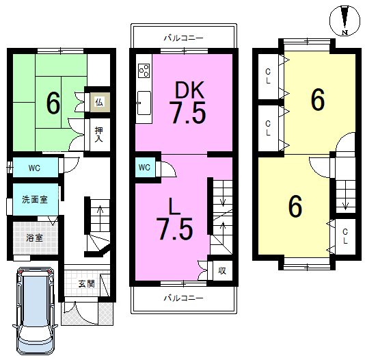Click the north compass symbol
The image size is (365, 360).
click(344, 21)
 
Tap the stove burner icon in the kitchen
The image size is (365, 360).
click(144, 70)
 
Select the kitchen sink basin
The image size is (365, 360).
click(144, 103)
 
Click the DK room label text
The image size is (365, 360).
click(189, 90)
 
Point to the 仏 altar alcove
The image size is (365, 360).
click(100, 102)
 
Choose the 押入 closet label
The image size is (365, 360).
click(98, 135)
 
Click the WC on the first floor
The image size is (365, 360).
click(34, 168)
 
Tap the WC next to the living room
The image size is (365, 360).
click(144, 167)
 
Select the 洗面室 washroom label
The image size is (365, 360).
click(35, 199)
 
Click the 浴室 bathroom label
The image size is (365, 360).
click(34, 238)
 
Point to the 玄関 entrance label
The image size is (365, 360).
click(86, 283)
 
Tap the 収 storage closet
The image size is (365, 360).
click(223, 270)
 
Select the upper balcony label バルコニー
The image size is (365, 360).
click(183, 38)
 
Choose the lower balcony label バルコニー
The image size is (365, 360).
click(183, 298)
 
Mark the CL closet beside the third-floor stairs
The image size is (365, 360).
click(345, 236)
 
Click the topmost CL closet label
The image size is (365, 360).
click(268, 76)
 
